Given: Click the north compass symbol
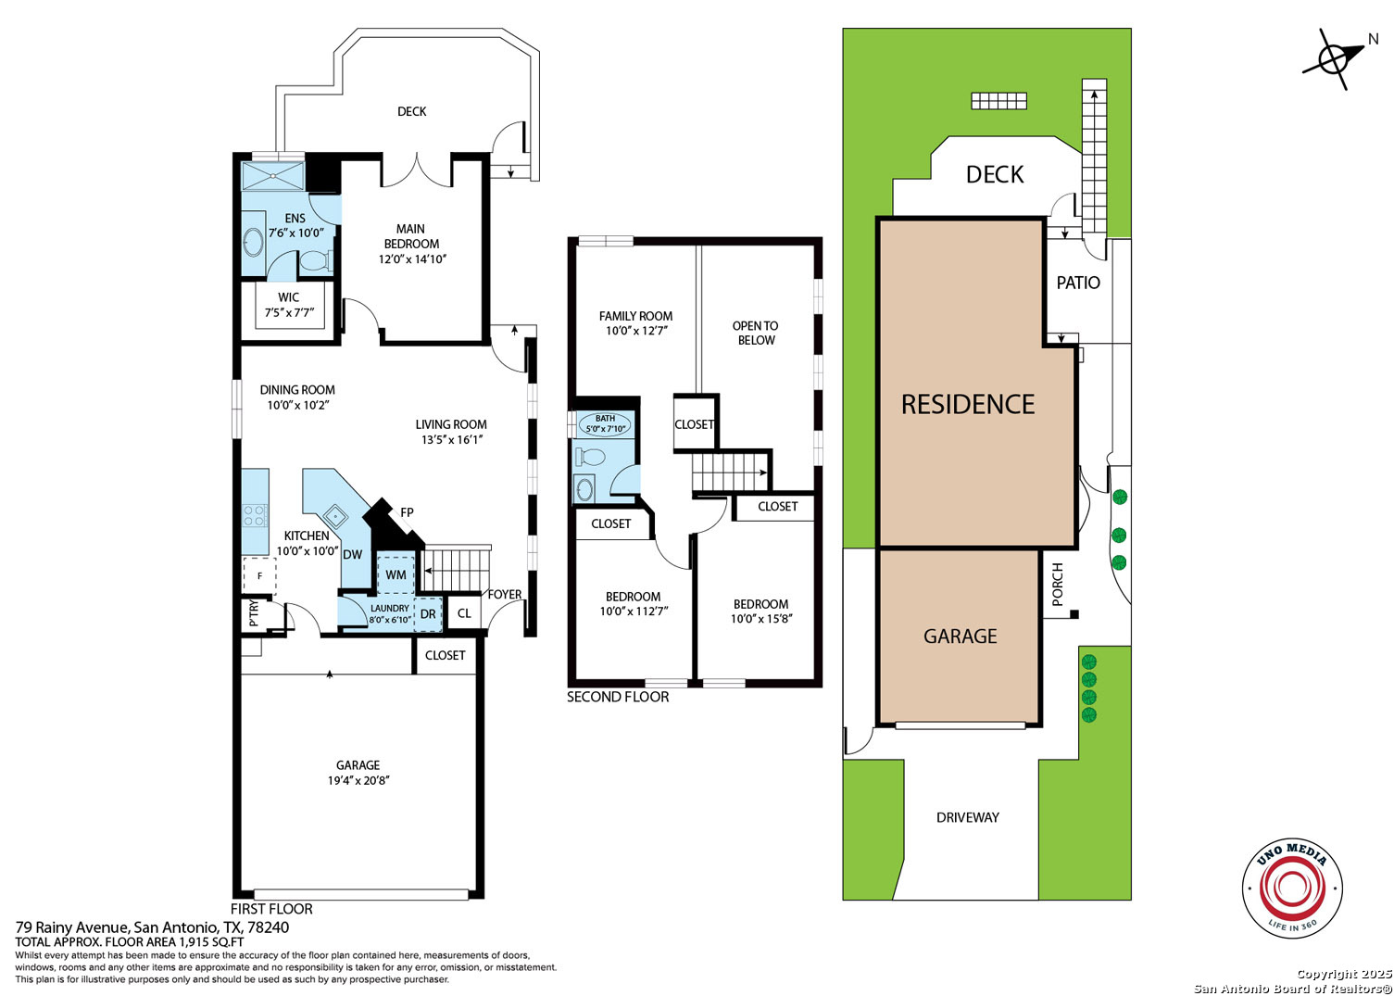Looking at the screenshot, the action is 1333,59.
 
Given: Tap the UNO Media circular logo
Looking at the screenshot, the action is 1292,888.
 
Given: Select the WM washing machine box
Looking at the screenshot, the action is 396,574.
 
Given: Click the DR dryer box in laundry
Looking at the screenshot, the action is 428,613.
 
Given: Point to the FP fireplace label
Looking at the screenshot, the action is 407,512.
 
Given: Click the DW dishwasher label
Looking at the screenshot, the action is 352,555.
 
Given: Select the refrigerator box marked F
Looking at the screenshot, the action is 259,575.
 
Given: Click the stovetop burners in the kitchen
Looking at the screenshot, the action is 256,515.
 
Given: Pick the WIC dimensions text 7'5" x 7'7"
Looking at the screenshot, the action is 289,312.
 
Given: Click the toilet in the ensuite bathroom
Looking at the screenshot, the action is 316,260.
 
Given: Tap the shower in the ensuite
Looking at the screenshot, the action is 272,176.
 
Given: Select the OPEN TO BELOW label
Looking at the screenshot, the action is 756,333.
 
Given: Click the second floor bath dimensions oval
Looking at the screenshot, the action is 605,424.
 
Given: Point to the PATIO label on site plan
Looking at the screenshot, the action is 1078,284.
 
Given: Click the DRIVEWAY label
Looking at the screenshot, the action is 968,818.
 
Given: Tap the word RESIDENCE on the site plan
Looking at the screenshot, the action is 968,405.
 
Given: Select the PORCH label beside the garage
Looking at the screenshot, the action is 1058,585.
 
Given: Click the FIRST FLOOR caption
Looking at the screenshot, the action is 271,909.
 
